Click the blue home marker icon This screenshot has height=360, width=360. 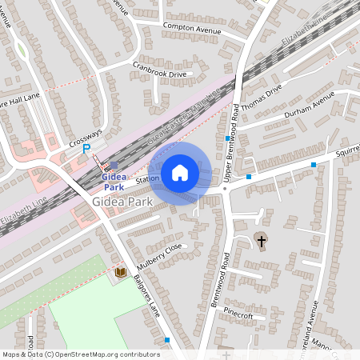[180, 172]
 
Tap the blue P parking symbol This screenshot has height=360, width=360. [86, 149]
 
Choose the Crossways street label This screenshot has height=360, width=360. [86, 138]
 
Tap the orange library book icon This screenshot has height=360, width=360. [120, 273]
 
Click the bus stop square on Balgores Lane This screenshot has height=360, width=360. [167, 340]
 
